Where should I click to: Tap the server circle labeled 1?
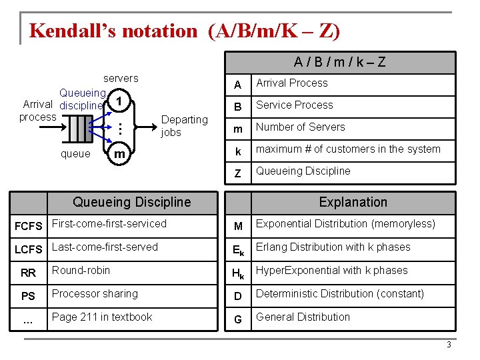[118, 102]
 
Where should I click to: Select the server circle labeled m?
[119, 154]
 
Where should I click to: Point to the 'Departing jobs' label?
[184, 125]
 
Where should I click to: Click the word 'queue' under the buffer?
[75, 154]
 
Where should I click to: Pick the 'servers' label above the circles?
[121, 79]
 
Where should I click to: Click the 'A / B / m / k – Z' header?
[340, 63]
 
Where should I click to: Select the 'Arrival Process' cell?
[292, 83]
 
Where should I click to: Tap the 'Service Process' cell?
[295, 105]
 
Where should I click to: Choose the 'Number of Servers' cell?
[301, 127]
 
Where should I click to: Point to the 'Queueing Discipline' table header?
[131, 202]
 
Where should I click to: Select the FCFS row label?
[28, 226]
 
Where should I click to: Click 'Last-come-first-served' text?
[105, 247]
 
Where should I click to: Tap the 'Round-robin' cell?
[81, 271]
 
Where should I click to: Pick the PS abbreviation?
[28, 296]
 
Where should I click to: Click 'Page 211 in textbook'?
[102, 317]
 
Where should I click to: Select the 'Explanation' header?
[353, 202]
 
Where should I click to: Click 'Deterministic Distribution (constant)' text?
[340, 294]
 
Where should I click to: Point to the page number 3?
[449, 345]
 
